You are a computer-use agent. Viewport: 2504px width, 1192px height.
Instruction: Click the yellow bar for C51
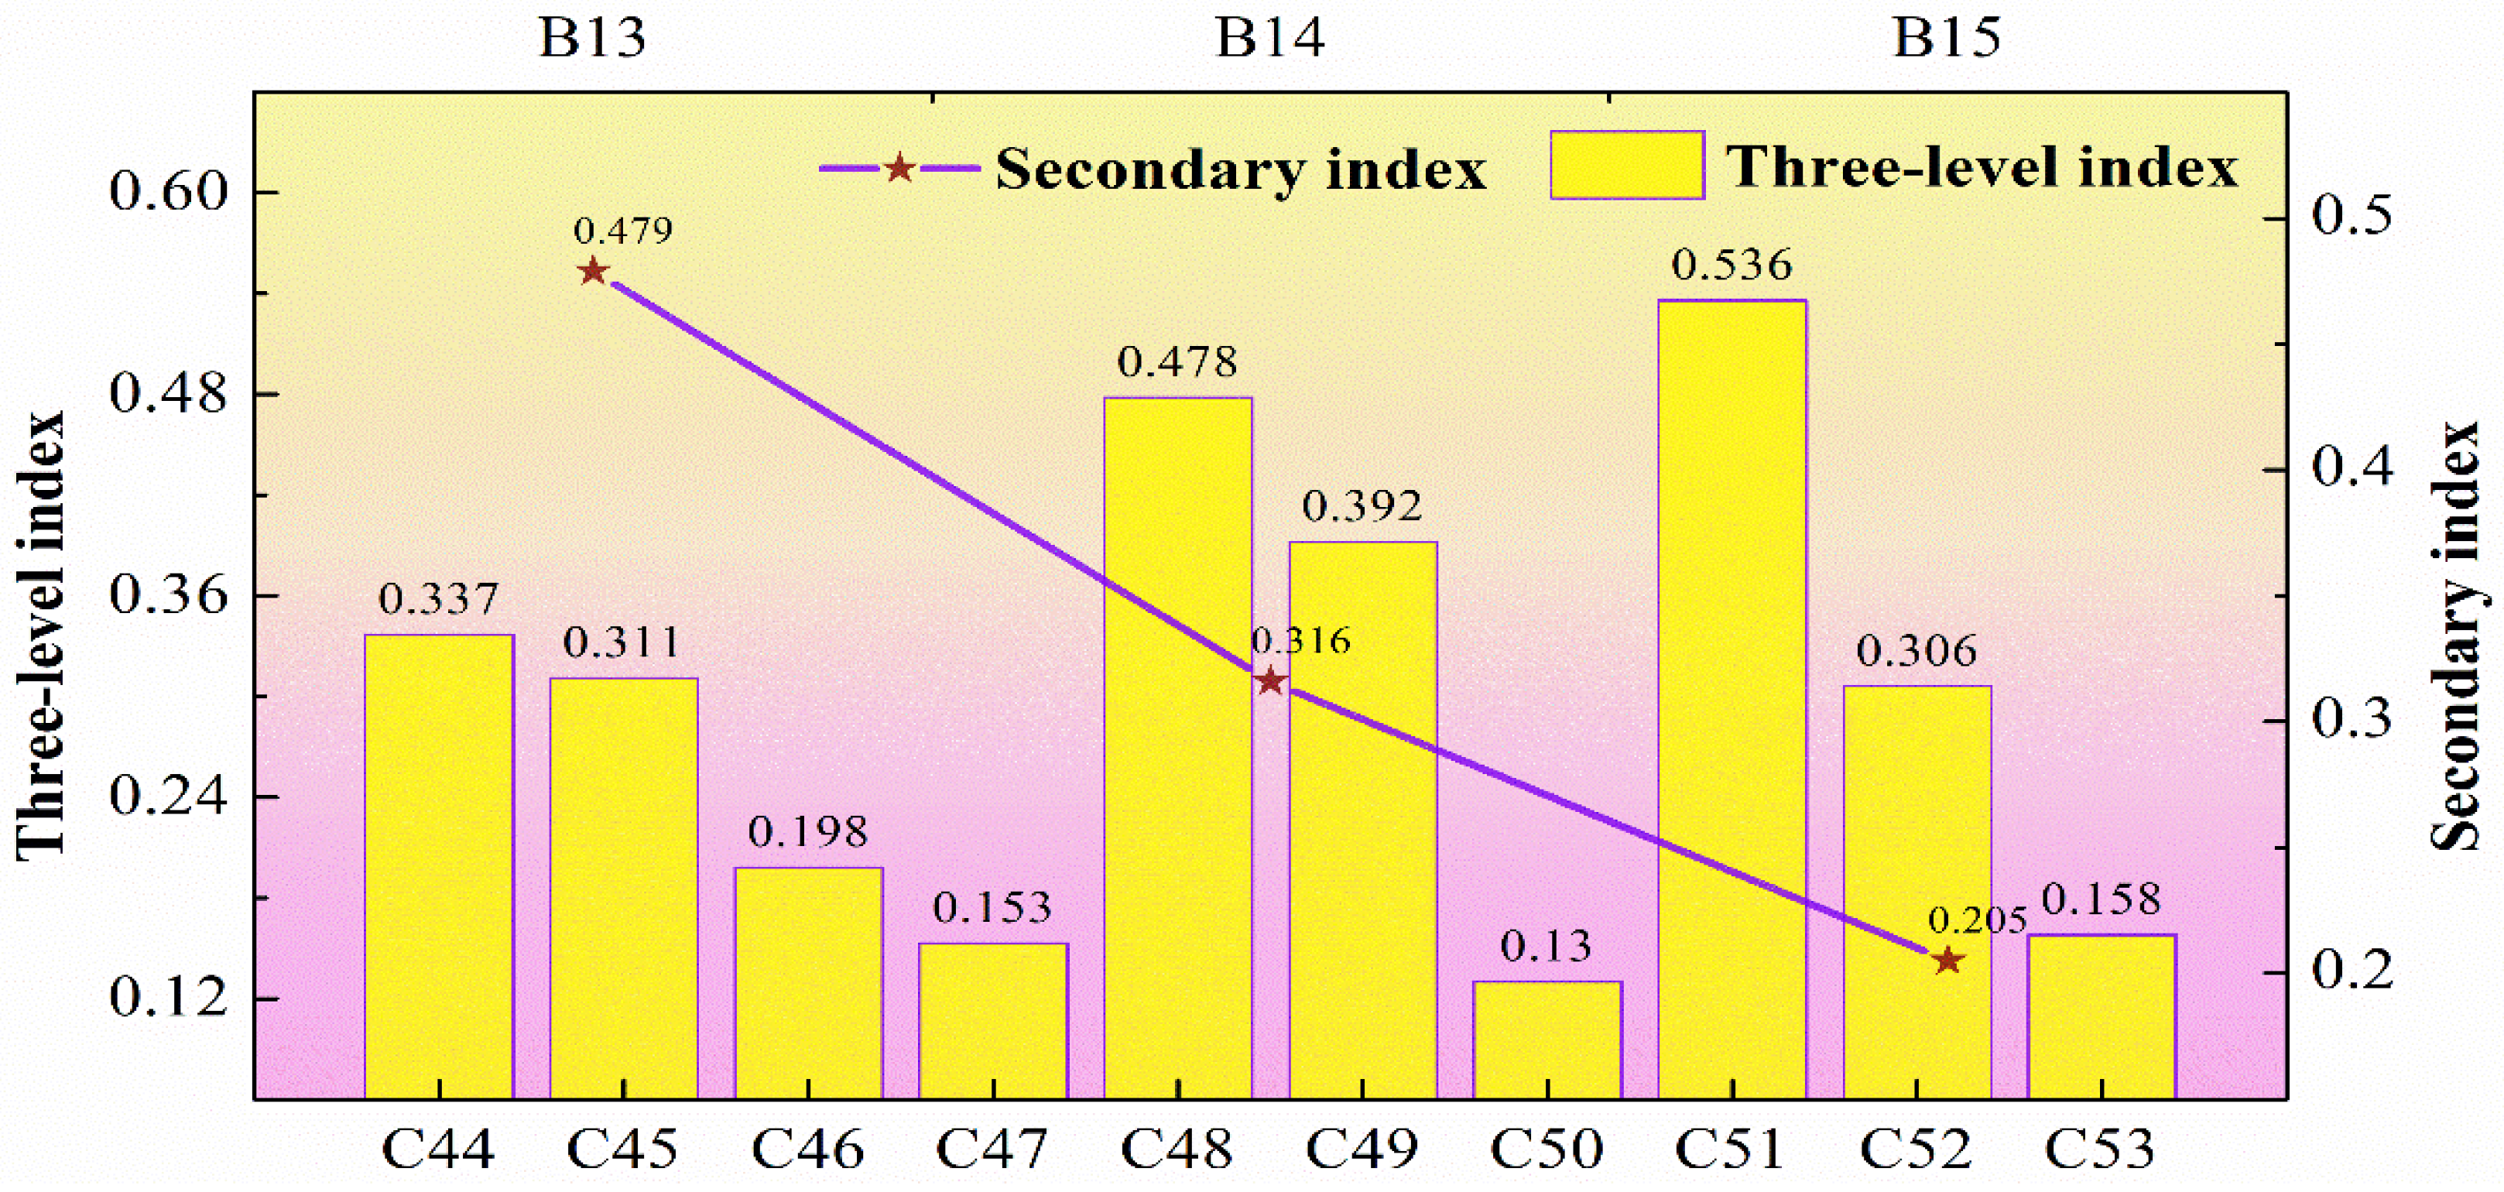click(1732, 699)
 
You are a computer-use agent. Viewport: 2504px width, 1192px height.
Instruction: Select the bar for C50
click(1547, 1040)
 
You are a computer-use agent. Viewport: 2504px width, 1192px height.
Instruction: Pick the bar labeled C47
click(992, 1020)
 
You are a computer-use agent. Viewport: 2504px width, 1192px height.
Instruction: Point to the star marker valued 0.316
click(1269, 682)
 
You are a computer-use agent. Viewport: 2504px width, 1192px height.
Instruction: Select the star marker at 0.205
click(1946, 961)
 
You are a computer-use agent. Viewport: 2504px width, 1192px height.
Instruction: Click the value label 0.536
click(1732, 265)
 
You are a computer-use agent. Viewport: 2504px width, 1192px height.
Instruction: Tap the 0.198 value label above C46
click(808, 832)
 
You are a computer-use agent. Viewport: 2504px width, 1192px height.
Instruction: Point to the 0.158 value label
click(2101, 900)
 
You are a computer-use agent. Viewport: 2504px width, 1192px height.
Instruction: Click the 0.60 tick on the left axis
click(167, 190)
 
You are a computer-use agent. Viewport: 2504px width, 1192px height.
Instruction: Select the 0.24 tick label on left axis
click(167, 796)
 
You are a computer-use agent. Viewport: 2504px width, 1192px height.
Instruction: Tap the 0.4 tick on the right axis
click(2352, 468)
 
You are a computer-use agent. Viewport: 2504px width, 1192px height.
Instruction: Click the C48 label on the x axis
click(1177, 1149)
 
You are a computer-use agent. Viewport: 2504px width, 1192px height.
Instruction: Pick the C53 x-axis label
click(2101, 1149)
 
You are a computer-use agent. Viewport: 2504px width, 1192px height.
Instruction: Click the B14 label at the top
click(1269, 39)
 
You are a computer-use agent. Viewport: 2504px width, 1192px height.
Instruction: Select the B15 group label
click(1946, 39)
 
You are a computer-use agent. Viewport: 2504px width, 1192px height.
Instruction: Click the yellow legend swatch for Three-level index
click(1627, 166)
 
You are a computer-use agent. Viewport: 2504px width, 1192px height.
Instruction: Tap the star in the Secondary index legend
click(899, 168)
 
